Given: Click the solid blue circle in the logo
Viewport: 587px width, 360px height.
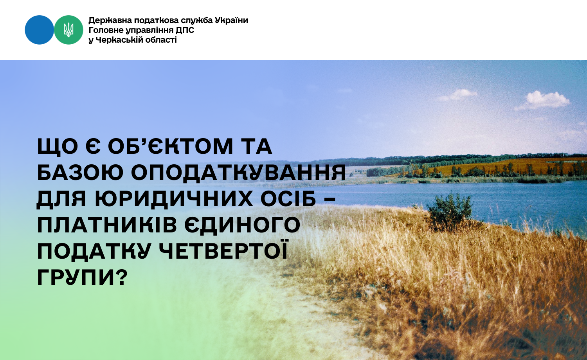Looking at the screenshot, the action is [x=39, y=30].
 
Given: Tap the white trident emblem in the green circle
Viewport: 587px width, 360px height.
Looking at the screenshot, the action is [x=68, y=30].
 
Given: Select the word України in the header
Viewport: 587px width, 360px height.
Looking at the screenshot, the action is [x=231, y=20].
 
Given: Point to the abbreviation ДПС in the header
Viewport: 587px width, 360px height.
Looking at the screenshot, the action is [x=185, y=31].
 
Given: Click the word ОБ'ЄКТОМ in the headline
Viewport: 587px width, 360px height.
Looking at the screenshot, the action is [x=170, y=146].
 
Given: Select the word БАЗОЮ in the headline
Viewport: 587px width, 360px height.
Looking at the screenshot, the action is [x=80, y=173].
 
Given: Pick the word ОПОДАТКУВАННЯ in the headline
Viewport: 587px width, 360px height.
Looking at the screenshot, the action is [x=238, y=173].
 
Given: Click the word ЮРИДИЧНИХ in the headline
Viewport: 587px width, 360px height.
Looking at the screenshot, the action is [x=174, y=199].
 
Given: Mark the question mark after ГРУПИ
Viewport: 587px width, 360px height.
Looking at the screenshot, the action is [x=121, y=277].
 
